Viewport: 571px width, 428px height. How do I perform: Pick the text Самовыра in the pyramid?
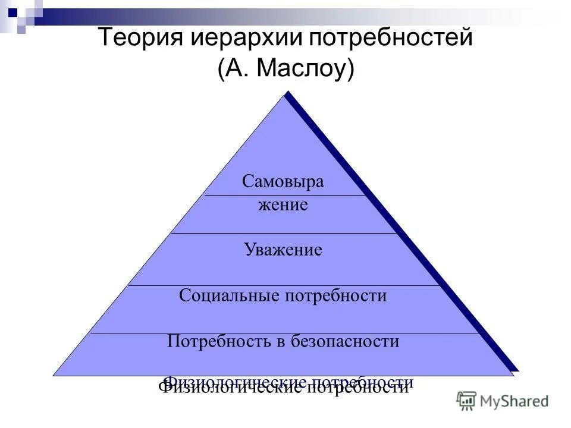point(283,181)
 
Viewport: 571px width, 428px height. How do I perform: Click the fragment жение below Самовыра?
point(283,206)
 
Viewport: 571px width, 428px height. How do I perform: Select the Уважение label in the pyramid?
point(283,250)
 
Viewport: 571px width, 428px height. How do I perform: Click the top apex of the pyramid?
point(285,94)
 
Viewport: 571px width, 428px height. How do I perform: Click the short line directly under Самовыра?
point(284,195)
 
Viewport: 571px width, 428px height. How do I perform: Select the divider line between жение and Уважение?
point(284,233)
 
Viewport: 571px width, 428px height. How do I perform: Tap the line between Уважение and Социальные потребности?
point(284,285)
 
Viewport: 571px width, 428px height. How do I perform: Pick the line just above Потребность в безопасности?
point(284,333)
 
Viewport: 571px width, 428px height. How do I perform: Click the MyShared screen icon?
point(466,400)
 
